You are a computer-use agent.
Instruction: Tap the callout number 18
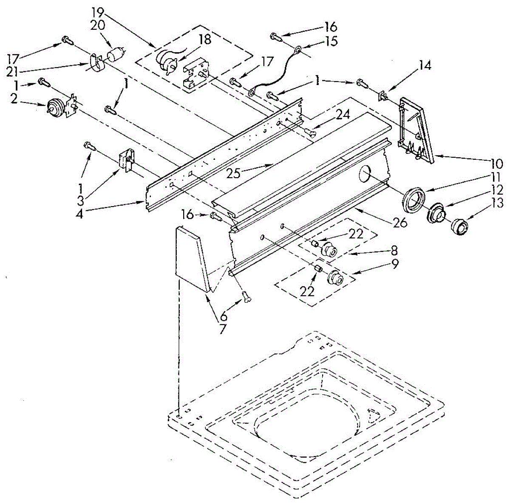pyautogui.click(x=204, y=40)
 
